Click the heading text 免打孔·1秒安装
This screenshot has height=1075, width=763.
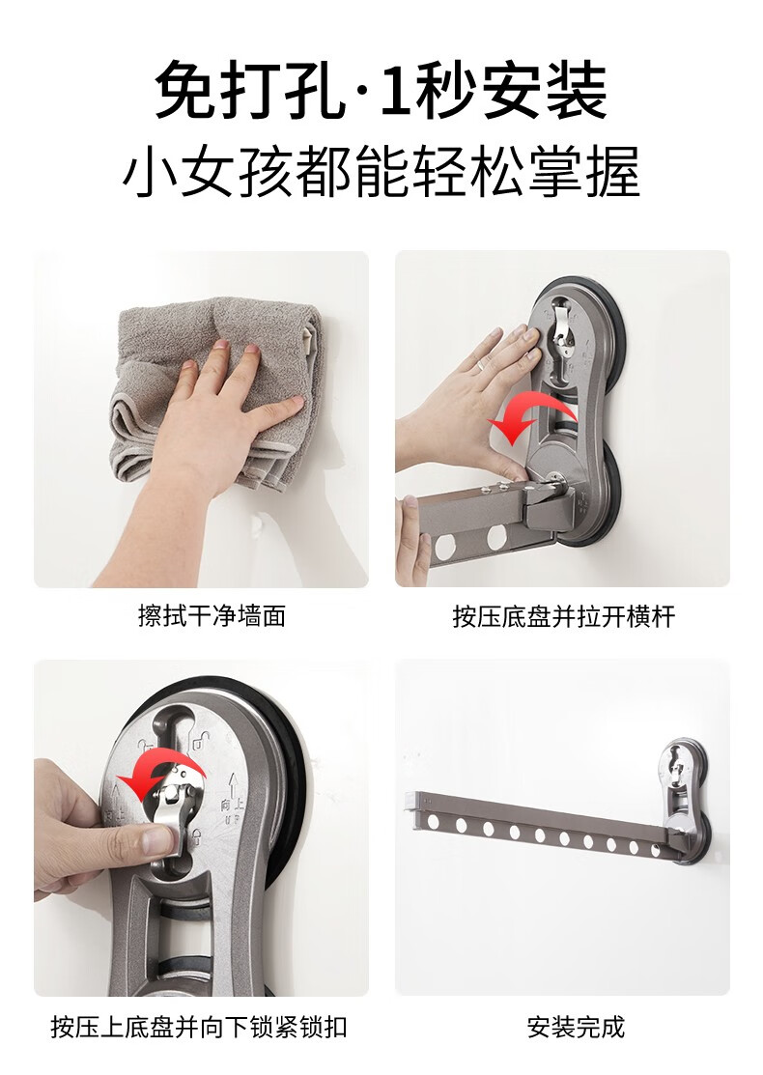tap(381, 90)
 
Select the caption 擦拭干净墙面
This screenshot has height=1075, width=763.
tap(212, 615)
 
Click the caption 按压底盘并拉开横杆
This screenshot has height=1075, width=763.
tap(563, 615)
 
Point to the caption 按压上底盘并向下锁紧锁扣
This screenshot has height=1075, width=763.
tap(199, 1027)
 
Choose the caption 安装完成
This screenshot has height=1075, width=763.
tap(576, 1027)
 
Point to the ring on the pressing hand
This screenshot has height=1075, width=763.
tap(484, 366)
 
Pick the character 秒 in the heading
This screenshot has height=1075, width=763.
tap(444, 90)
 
